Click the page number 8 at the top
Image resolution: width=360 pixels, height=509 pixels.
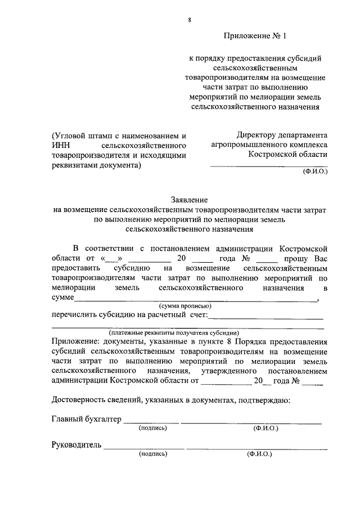[x=190, y=20]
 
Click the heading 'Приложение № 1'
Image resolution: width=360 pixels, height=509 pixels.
[x=255, y=37]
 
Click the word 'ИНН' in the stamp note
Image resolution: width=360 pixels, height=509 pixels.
[x=62, y=146]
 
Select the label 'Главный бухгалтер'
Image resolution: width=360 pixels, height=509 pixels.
[x=86, y=419]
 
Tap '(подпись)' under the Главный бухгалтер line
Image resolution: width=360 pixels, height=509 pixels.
[x=152, y=428]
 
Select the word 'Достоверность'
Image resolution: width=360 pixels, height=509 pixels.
[x=79, y=400]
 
